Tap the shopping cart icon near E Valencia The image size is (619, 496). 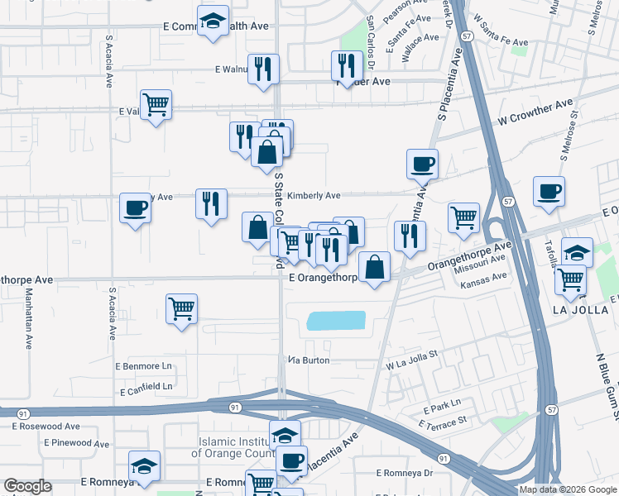[x=156, y=105]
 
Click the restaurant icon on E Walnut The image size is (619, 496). [x=264, y=69]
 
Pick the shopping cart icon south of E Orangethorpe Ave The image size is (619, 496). [x=181, y=309]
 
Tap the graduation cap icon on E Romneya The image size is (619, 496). [x=144, y=466]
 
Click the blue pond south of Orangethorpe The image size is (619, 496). [x=336, y=321]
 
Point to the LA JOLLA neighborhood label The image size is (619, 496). [x=579, y=309]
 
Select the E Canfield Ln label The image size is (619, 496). [x=146, y=386]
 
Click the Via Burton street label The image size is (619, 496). [x=309, y=360]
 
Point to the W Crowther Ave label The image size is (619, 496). [x=535, y=113]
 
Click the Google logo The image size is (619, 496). [x=28, y=487]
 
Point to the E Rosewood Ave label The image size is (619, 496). [x=46, y=427]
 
